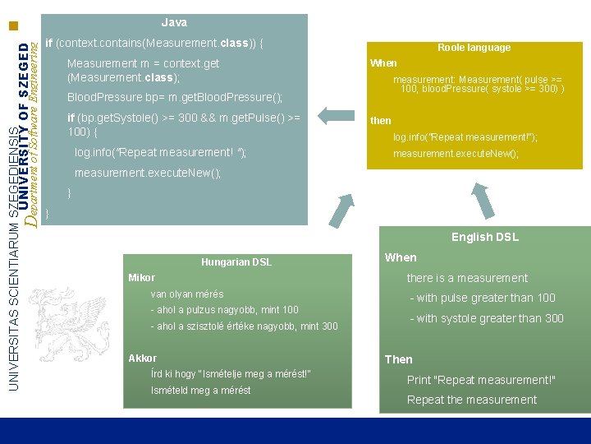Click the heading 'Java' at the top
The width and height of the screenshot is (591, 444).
tap(174, 22)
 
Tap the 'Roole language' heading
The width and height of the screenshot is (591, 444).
tap(474, 48)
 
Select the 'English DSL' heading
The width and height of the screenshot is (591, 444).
tap(484, 237)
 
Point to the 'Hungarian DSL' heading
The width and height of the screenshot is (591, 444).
tap(236, 262)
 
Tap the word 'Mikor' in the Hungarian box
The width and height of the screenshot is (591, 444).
tap(141, 278)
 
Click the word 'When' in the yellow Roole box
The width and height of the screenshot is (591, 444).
tap(383, 63)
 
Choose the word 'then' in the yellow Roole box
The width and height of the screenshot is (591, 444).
tap(381, 121)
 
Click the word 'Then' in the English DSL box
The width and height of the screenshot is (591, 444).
tap(399, 359)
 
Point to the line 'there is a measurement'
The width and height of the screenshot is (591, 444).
tap(467, 278)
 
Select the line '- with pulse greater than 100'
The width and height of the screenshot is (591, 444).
tap(486, 298)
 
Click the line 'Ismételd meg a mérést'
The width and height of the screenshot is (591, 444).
tap(200, 390)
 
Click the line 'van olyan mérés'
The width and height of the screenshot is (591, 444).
tap(187, 294)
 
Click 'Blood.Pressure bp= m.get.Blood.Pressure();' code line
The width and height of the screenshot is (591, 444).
tap(174, 98)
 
